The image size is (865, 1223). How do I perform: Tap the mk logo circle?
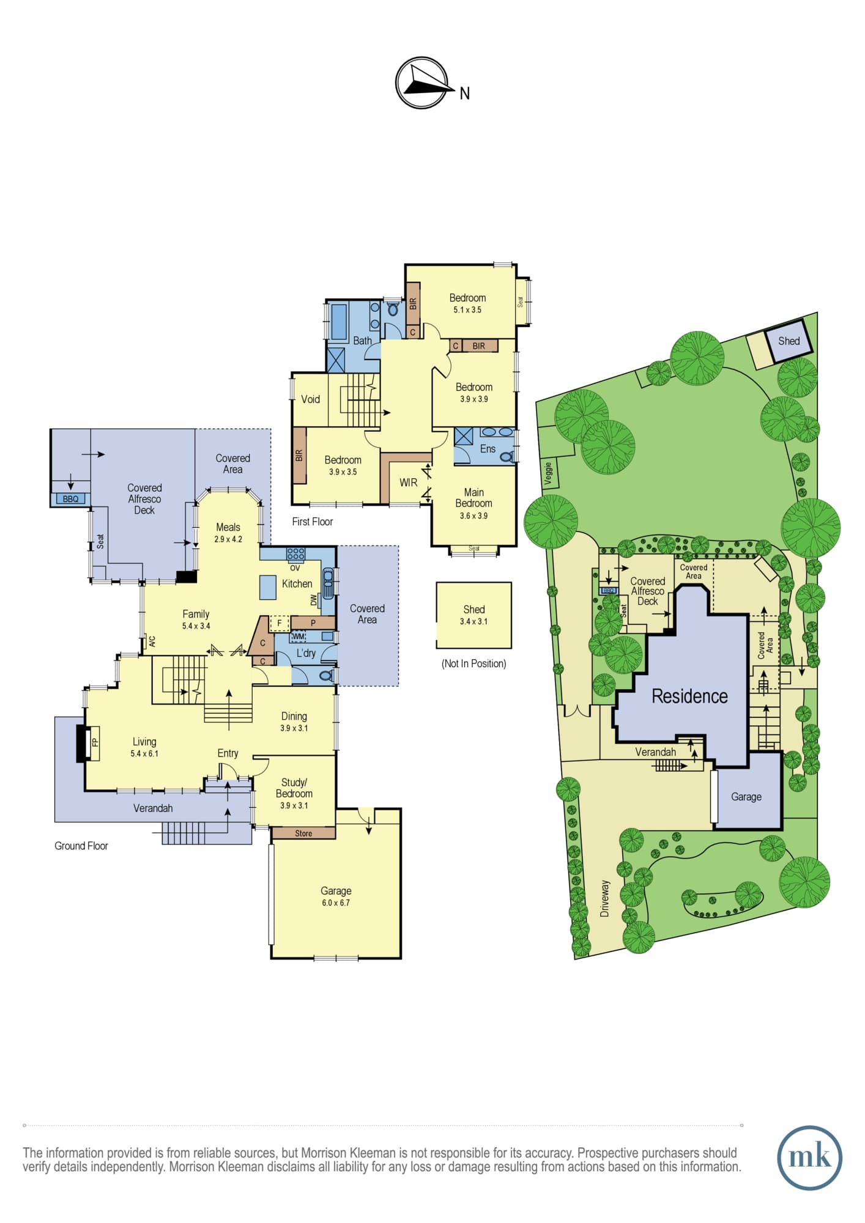click(809, 1158)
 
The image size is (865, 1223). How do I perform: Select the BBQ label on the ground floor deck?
click(70, 499)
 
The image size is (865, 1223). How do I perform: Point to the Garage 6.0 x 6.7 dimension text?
click(336, 903)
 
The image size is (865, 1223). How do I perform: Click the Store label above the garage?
click(303, 833)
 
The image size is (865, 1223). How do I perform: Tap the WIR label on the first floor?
click(408, 482)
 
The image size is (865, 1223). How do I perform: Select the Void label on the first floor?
click(310, 399)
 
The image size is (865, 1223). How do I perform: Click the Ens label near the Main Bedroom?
click(488, 448)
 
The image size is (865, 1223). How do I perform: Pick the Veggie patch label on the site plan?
click(549, 473)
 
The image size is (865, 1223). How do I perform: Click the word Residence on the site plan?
click(689, 696)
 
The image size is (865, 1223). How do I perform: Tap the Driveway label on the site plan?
click(604, 898)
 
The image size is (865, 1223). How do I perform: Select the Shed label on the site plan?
click(789, 341)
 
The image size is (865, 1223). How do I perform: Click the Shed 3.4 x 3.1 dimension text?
click(474, 621)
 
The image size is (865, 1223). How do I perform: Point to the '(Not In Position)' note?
click(474, 663)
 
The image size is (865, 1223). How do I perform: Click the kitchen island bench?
click(268, 587)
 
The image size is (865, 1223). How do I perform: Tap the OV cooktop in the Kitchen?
click(295, 555)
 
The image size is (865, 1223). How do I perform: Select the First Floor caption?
click(312, 522)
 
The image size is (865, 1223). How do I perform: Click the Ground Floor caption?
click(81, 846)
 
